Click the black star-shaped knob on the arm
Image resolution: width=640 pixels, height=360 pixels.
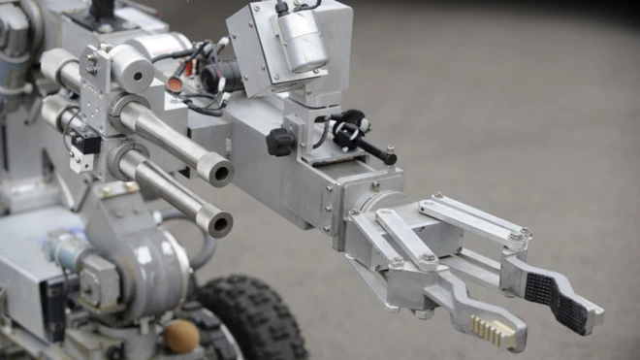point(280,143)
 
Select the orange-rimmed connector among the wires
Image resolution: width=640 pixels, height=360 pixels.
point(176,84)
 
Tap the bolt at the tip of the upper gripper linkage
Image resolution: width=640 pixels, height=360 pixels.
point(525,233)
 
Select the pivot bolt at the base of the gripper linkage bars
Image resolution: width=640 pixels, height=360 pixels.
point(397,261)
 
